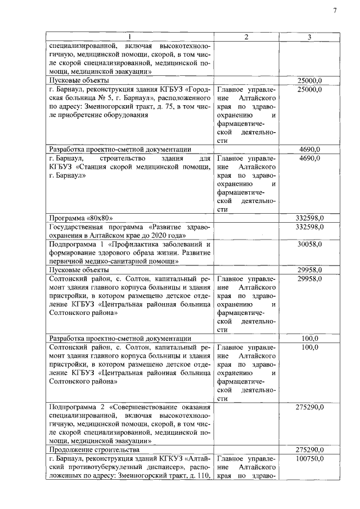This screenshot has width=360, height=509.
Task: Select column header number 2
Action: click(x=246, y=37)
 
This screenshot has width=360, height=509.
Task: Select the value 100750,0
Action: click(x=309, y=460)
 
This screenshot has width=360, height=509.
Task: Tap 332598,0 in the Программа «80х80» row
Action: click(x=309, y=218)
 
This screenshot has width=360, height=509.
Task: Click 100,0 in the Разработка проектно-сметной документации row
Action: click(x=309, y=349)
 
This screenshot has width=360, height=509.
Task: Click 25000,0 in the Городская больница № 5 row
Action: click(x=309, y=89)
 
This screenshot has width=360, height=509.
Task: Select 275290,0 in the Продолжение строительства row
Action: click(x=309, y=449)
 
